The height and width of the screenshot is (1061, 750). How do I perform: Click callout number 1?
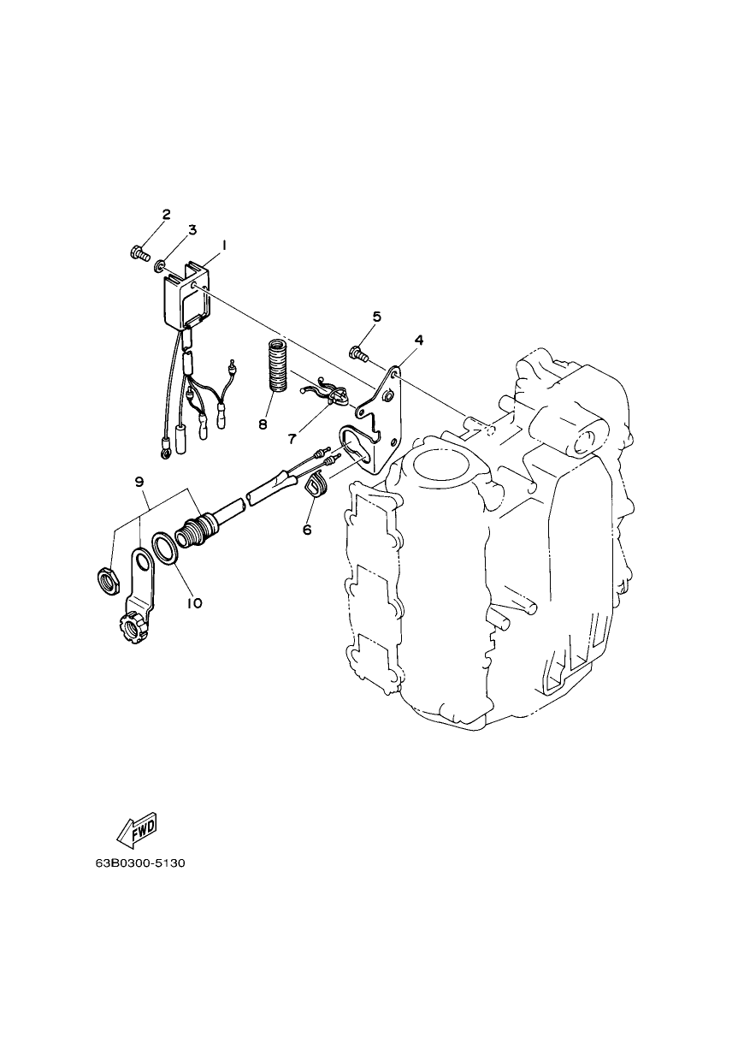pyautogui.click(x=223, y=246)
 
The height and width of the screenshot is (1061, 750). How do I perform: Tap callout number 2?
pyautogui.click(x=166, y=215)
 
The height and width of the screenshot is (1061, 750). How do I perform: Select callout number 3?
pyautogui.click(x=192, y=230)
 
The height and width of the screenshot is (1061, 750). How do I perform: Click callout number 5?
pyautogui.click(x=376, y=317)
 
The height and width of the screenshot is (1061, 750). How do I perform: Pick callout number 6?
pyautogui.click(x=307, y=530)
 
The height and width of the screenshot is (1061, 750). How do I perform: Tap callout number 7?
pyautogui.click(x=292, y=439)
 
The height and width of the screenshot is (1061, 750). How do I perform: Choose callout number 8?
pyautogui.click(x=263, y=424)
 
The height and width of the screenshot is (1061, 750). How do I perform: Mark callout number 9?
pyautogui.click(x=139, y=482)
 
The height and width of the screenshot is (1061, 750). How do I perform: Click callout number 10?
pyautogui.click(x=194, y=603)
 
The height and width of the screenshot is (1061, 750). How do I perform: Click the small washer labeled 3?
pyautogui.click(x=159, y=265)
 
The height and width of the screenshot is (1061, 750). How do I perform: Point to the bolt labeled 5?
pyautogui.click(x=358, y=353)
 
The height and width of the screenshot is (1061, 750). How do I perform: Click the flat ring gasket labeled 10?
pyautogui.click(x=165, y=548)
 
